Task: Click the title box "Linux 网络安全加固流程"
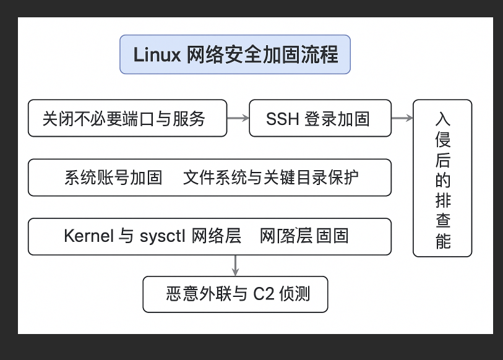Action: coord(235,54)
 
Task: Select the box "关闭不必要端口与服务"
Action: coord(127,118)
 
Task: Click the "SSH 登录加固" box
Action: coord(320,118)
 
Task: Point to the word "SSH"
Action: coord(283,119)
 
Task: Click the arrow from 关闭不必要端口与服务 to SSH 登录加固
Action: coord(238,118)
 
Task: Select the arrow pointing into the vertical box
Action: coord(402,118)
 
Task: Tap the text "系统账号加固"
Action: coord(113,178)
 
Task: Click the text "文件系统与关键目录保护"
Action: coord(270,178)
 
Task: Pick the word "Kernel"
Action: coord(88,236)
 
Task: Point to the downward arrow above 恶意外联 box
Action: coord(235,265)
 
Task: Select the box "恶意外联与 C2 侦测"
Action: coord(235,294)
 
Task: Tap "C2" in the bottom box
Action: coord(264,294)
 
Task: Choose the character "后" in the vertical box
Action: coord(442,160)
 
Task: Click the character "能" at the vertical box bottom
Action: coord(442,241)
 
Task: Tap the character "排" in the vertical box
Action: coord(442,200)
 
